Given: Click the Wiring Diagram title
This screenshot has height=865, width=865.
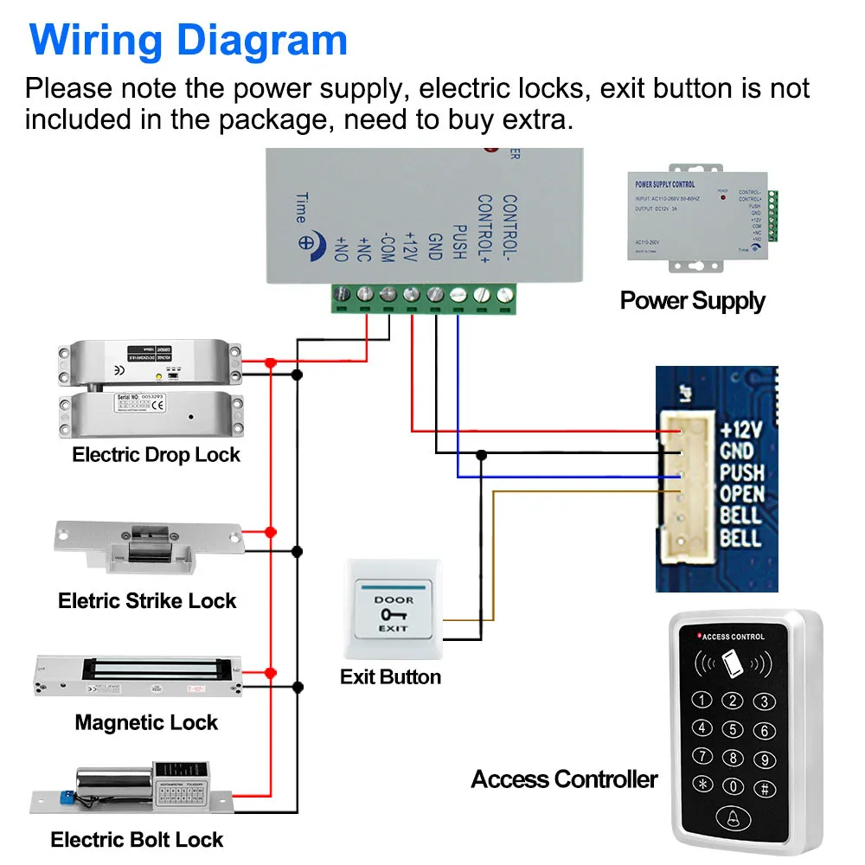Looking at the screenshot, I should [x=188, y=40].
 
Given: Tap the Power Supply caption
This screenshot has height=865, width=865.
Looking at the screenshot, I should [x=692, y=300].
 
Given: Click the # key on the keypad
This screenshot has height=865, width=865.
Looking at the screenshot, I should [x=763, y=787].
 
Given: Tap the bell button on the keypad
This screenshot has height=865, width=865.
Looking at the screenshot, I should [x=733, y=819].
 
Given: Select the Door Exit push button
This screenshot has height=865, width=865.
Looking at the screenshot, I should [x=394, y=612].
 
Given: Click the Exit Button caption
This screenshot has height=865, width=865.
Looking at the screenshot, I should [x=390, y=676].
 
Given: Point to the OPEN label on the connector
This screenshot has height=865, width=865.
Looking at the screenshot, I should [x=741, y=494].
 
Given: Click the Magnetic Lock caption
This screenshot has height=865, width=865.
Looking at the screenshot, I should [x=146, y=722].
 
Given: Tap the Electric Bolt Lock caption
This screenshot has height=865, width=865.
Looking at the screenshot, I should [x=137, y=839].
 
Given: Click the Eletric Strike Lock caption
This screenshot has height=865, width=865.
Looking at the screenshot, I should [x=147, y=600].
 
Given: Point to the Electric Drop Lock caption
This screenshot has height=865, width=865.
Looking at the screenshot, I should [x=156, y=455].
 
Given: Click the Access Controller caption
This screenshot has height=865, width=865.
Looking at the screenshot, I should [x=564, y=779].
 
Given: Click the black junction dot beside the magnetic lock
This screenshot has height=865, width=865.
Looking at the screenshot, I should [x=298, y=686].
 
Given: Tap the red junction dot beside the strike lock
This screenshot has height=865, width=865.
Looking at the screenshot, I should [x=271, y=532].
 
